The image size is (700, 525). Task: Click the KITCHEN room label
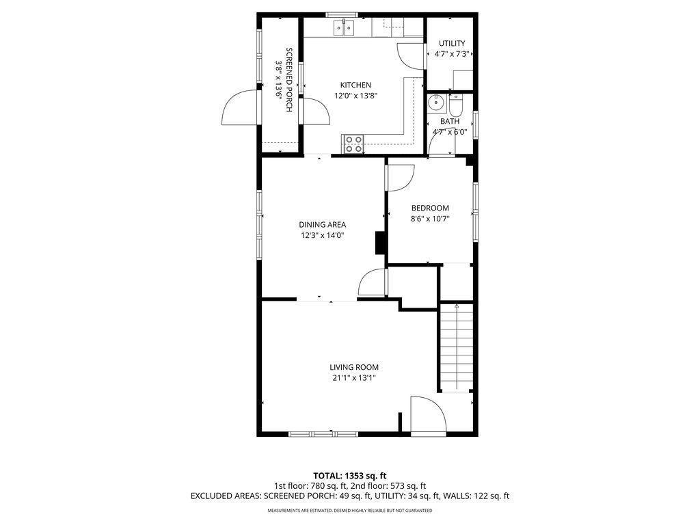point(355,85)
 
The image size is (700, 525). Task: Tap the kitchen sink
point(345,28)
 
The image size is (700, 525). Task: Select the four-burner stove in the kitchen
point(353,144)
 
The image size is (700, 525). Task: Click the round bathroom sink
point(435,103)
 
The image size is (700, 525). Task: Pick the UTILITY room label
point(452,43)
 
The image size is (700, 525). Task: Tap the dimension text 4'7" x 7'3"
point(451,54)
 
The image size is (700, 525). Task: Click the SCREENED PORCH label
point(289,80)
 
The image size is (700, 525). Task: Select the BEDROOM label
point(430,208)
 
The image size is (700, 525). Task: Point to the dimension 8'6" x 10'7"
point(430,219)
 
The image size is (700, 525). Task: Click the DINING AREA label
point(323,224)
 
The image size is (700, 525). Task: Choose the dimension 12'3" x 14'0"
point(323,235)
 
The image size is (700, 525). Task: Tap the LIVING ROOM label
point(354,367)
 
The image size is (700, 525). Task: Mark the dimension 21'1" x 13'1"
point(354,378)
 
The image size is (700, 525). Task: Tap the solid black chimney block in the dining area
point(380,243)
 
